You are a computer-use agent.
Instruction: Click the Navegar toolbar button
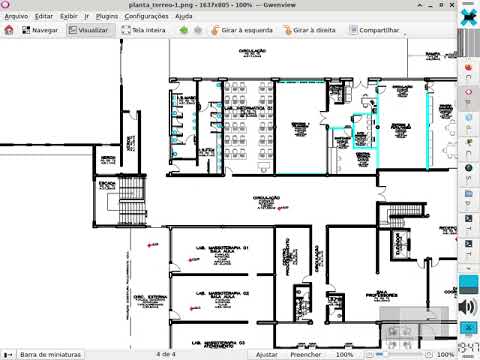coord(37,31)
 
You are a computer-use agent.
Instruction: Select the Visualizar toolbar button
coord(88,31)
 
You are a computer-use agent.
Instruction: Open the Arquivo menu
coord(16,17)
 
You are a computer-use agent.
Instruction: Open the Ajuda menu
coord(212,17)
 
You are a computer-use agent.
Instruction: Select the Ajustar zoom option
coord(266,354)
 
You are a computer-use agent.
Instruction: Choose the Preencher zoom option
coord(305,354)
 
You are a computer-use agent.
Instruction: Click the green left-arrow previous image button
coord(183,31)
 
